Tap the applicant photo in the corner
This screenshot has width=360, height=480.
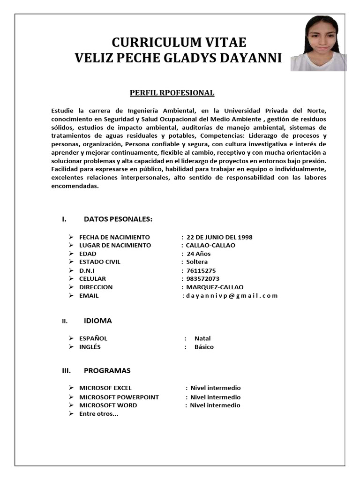pyautogui.click(x=318, y=43)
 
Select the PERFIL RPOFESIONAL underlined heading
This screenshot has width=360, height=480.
pyautogui.click(x=172, y=93)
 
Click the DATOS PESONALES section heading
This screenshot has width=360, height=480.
pyautogui.click(x=118, y=219)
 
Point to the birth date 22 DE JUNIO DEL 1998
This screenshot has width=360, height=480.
pyautogui.click(x=219, y=237)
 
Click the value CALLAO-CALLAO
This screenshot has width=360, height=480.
pyautogui.click(x=210, y=245)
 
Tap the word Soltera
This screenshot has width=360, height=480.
pyautogui.click(x=197, y=262)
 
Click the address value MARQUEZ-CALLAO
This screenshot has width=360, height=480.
pyautogui.click(x=215, y=287)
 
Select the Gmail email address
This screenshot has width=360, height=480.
pyautogui.click(x=232, y=295)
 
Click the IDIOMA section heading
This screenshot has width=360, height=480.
pyautogui.click(x=97, y=321)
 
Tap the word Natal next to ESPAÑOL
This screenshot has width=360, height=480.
pyautogui.click(x=202, y=338)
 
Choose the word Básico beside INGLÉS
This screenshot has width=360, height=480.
pyautogui.click(x=204, y=347)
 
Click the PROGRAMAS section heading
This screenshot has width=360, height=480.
pyautogui.click(x=107, y=370)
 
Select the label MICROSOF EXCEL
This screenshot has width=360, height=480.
pyautogui.click(x=105, y=388)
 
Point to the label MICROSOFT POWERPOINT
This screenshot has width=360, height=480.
pyautogui.click(x=119, y=397)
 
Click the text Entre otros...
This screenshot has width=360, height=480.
pyautogui.click(x=98, y=413)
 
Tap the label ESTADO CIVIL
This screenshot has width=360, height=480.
pyautogui.click(x=99, y=262)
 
